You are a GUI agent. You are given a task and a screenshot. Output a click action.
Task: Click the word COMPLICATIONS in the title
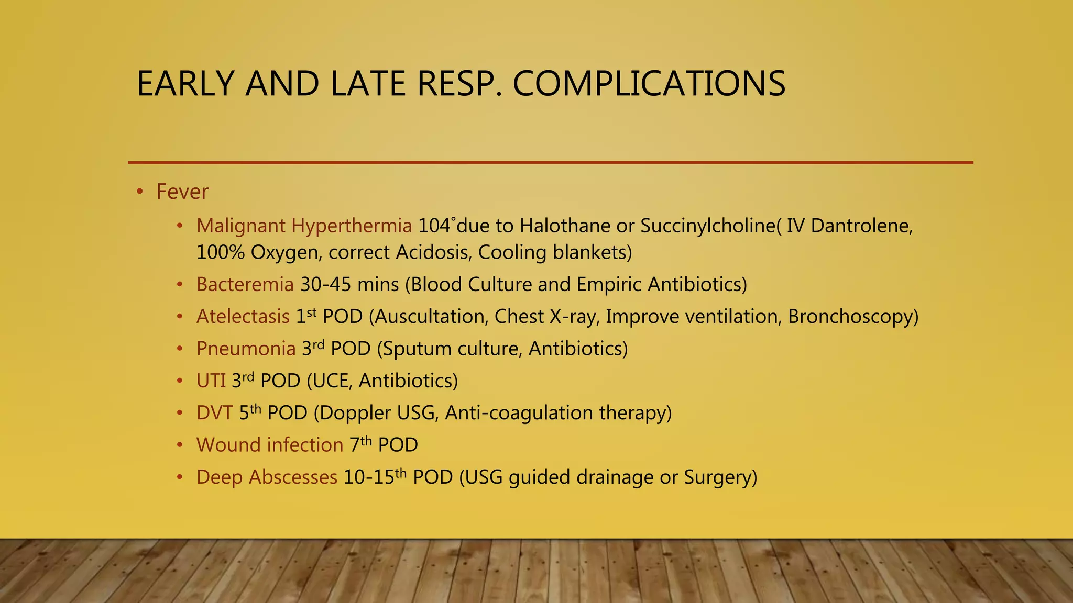pos(649,84)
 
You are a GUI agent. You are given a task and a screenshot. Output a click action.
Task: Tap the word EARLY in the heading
pos(185,84)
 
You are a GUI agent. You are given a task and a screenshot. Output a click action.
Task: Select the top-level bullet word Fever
pos(182,192)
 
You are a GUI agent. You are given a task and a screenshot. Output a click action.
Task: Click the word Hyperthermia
pos(352,226)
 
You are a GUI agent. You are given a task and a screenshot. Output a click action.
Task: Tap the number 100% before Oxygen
pos(221,253)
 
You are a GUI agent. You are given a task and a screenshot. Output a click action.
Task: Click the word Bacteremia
pos(245,285)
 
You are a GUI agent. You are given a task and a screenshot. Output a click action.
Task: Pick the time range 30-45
pos(325,285)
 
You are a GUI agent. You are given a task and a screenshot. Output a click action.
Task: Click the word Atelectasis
pos(243,317)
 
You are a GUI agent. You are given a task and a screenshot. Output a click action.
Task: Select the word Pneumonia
pos(246,349)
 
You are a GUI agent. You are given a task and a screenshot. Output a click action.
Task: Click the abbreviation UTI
pos(211,381)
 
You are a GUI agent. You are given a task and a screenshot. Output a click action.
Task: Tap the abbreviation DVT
pos(214,413)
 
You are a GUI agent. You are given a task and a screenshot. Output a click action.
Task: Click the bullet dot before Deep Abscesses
pos(180,477)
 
